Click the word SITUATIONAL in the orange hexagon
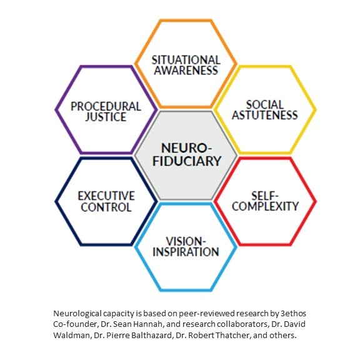tap(186, 60)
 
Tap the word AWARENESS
tap(186, 70)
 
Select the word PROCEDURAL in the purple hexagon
tap(106, 106)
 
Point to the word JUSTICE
tap(106, 117)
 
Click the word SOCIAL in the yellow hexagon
tap(265, 105)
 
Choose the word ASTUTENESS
tap(265, 115)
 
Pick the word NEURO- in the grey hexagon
tap(186, 148)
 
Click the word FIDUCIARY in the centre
tap(187, 161)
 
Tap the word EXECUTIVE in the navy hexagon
tap(106, 196)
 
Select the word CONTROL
tap(106, 207)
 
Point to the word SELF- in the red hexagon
tap(265, 196)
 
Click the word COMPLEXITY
tap(265, 206)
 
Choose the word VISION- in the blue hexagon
tap(186, 241)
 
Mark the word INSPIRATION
tap(186, 252)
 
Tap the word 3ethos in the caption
tap(293, 313)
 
